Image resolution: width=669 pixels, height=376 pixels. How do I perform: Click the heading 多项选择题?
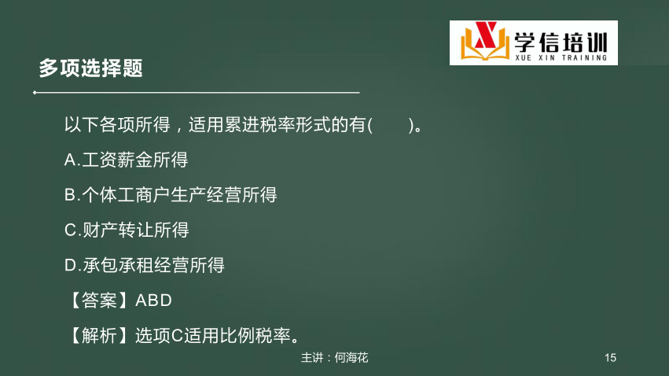[x=90, y=68]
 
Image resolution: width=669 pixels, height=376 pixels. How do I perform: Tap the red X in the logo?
[x=487, y=35]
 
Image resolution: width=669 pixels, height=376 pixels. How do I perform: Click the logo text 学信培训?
[x=561, y=42]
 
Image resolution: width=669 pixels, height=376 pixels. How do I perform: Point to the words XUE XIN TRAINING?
[x=561, y=57]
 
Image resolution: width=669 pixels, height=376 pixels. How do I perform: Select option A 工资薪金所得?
[x=126, y=160]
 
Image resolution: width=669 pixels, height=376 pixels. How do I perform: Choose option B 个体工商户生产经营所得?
[x=171, y=195]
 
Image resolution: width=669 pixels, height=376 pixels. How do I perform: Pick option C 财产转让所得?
[x=127, y=230]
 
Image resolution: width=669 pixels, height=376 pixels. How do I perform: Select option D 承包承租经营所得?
[x=144, y=265]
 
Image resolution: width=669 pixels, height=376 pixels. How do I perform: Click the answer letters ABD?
[x=153, y=300]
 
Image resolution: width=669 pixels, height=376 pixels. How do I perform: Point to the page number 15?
[x=610, y=358]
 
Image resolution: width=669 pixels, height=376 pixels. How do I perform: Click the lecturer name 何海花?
[x=351, y=358]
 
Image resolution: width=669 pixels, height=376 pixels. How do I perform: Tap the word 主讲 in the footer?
[x=312, y=358]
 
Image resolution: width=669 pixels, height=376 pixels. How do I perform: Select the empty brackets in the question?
[x=391, y=125]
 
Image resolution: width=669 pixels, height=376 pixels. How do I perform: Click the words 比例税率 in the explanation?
[x=255, y=335]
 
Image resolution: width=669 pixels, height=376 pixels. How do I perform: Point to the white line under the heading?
[x=197, y=92]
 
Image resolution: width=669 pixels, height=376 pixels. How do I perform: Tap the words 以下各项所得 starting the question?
[x=117, y=124]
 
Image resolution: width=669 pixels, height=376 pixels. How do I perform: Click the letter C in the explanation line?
[x=177, y=336]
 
